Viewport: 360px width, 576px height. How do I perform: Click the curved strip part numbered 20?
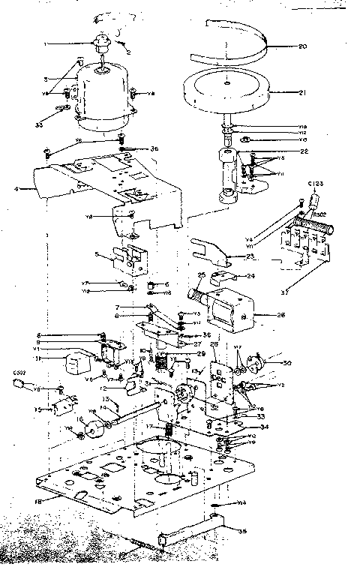coord(225,45)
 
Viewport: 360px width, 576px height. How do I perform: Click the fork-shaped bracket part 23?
coord(210,250)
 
